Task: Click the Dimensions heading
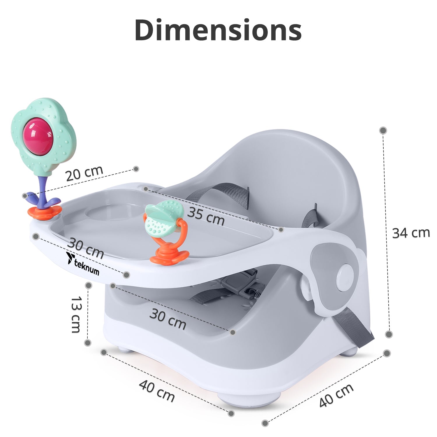coord(218,30)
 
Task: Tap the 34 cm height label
coord(411,233)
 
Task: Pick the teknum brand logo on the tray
coord(83,264)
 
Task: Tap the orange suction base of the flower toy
coord(44,212)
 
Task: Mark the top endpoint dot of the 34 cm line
coord(383,130)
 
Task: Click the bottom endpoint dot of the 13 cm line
coord(88,343)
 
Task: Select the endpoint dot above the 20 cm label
coord(136,169)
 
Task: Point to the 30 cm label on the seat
coord(168,319)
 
